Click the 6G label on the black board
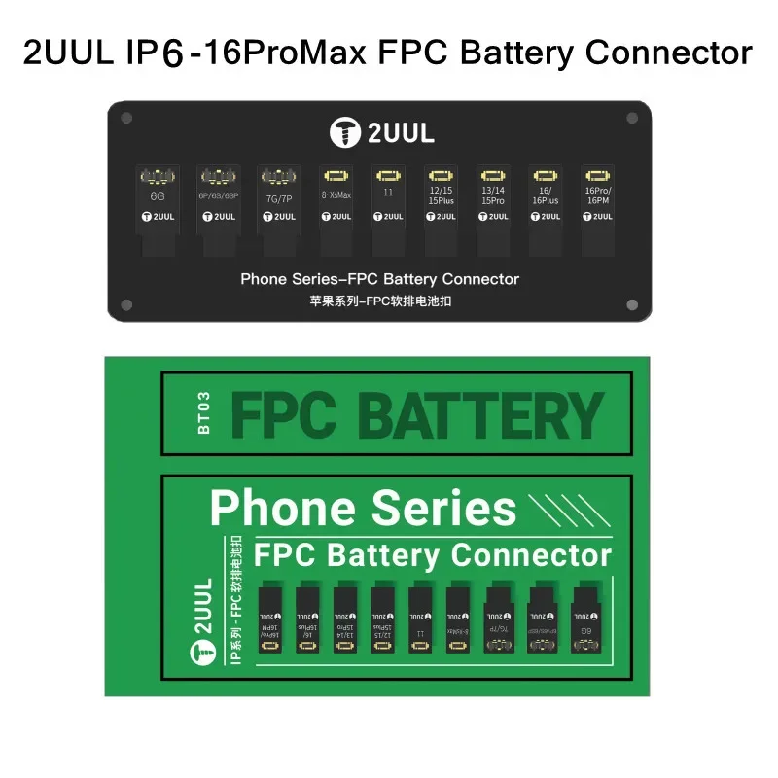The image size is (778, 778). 156,195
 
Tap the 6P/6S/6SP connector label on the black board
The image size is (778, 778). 219,195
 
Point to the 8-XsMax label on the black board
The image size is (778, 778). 336,194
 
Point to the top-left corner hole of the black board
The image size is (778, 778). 126,119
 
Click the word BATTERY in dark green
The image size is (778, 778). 481,416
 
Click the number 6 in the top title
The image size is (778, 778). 173,54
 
